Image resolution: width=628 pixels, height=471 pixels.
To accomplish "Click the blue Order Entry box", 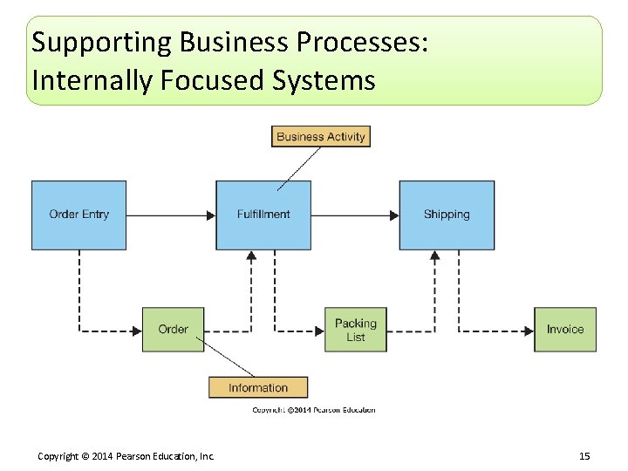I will pyautogui.click(x=78, y=215).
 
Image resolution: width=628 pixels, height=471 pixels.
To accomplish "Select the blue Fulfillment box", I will pyautogui.click(x=263, y=215).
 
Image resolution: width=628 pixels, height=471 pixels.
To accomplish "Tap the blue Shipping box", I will pyautogui.click(x=447, y=215).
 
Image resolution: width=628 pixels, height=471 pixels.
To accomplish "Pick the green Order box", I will pyautogui.click(x=173, y=330).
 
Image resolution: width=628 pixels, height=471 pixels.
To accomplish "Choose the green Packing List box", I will pyautogui.click(x=356, y=330).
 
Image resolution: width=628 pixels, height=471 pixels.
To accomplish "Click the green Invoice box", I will pyautogui.click(x=565, y=330).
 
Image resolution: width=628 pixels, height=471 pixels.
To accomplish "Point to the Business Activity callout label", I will pyautogui.click(x=321, y=136).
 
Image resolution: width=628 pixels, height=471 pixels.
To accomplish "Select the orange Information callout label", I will pyautogui.click(x=258, y=387).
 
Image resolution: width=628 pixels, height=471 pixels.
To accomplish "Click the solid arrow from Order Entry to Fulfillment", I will pyautogui.click(x=171, y=215).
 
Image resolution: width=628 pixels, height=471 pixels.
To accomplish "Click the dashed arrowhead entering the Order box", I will pyautogui.click(x=137, y=331).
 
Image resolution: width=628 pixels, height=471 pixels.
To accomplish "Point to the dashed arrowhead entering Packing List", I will pyautogui.click(x=319, y=331).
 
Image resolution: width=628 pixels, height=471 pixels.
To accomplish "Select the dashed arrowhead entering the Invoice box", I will pyautogui.click(x=529, y=331).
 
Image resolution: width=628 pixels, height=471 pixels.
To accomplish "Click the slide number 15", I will pyautogui.click(x=584, y=456).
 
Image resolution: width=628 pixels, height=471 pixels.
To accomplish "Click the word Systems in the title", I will pyautogui.click(x=324, y=80).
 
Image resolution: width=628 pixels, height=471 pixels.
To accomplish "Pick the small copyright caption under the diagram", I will pyautogui.click(x=314, y=410).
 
